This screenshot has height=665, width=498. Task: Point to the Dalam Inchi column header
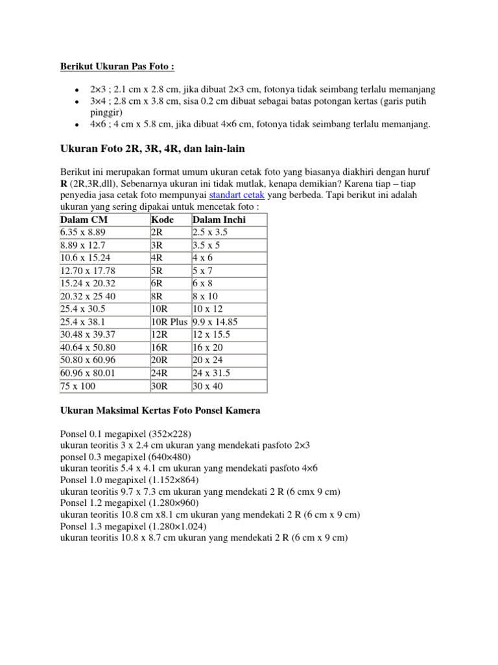219,220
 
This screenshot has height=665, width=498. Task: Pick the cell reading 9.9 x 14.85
220,321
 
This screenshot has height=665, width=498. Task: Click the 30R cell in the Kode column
160,386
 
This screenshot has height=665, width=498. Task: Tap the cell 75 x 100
77,386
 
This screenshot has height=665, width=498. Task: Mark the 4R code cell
157,258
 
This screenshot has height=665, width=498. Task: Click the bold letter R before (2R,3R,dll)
64,182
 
